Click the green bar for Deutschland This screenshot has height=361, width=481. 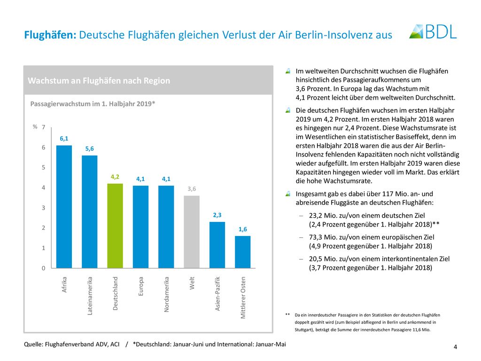115,226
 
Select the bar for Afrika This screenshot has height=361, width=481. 64,207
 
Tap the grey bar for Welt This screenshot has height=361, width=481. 192,232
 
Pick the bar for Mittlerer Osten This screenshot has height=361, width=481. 243,252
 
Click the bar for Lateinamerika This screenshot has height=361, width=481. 90,212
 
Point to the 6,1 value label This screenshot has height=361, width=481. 64,139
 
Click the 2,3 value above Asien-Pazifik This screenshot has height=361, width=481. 217,215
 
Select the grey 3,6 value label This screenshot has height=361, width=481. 192,189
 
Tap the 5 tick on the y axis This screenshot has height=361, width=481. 44,167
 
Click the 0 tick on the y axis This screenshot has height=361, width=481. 44,268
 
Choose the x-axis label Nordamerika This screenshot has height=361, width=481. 167,294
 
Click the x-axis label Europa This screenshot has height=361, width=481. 141,286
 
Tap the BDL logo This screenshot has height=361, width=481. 433,31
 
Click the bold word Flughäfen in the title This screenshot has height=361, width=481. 50,35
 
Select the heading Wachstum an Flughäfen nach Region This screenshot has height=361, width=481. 99,81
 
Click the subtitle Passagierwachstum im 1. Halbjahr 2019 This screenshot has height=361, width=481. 93,104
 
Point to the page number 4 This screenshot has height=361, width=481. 455,347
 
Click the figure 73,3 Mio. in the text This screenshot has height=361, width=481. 325,237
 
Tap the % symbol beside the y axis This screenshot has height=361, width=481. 35,126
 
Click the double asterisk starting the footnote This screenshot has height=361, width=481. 287,314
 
